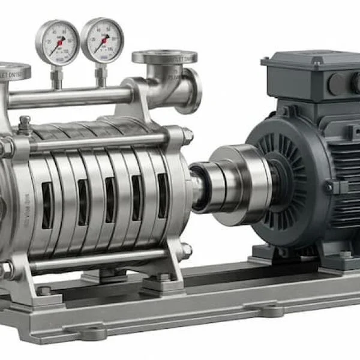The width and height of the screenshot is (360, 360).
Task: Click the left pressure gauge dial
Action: pos(57,41)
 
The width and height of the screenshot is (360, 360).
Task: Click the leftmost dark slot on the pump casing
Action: pos(47,205)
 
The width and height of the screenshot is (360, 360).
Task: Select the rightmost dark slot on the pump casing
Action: pos(163,195)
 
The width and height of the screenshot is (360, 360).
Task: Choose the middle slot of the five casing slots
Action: pos(110,200)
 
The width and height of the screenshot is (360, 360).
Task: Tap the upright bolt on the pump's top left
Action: pos(25,124)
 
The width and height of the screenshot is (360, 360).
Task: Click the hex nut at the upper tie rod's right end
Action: pos(187,136)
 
